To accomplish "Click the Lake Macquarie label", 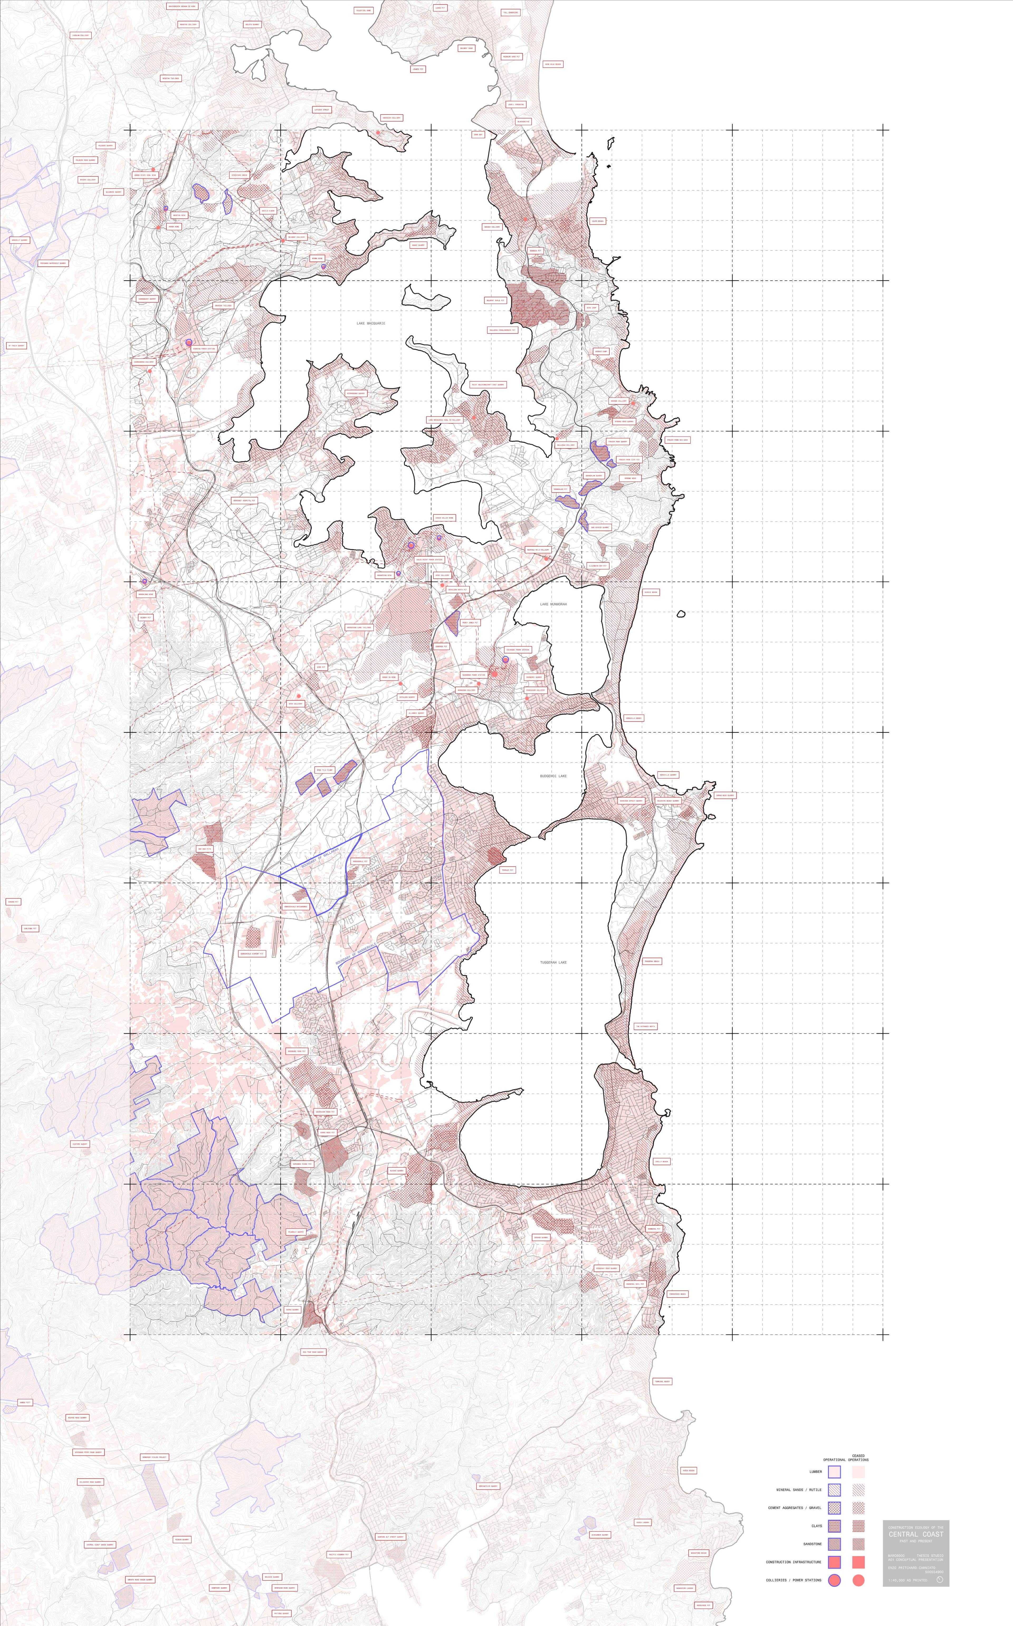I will [x=370, y=323].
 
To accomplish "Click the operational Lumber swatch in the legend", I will [x=834, y=1472].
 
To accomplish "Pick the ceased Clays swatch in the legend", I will [x=858, y=1525].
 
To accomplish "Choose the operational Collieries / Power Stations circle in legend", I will [x=834, y=1580].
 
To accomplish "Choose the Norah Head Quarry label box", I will [x=724, y=795].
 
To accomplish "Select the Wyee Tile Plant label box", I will [x=324, y=771].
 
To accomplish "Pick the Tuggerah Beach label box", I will [x=652, y=962].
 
